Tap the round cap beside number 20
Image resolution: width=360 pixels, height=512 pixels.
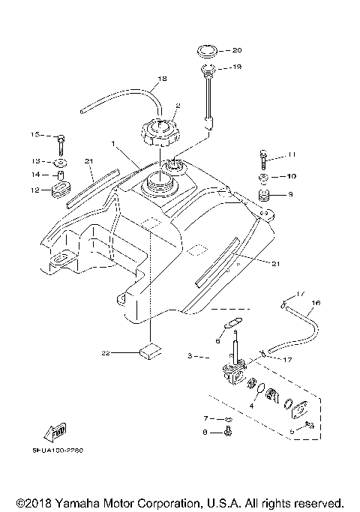[x=209, y=52]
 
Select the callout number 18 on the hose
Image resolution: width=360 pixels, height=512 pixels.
[x=162, y=79]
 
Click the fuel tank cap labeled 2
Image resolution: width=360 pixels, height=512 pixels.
[x=160, y=134]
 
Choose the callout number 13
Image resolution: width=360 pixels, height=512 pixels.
[x=34, y=160]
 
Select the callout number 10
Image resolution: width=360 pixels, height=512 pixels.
[x=292, y=178]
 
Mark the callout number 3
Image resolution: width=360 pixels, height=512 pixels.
[x=190, y=356]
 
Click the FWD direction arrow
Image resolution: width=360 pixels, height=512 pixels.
[x=56, y=430]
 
